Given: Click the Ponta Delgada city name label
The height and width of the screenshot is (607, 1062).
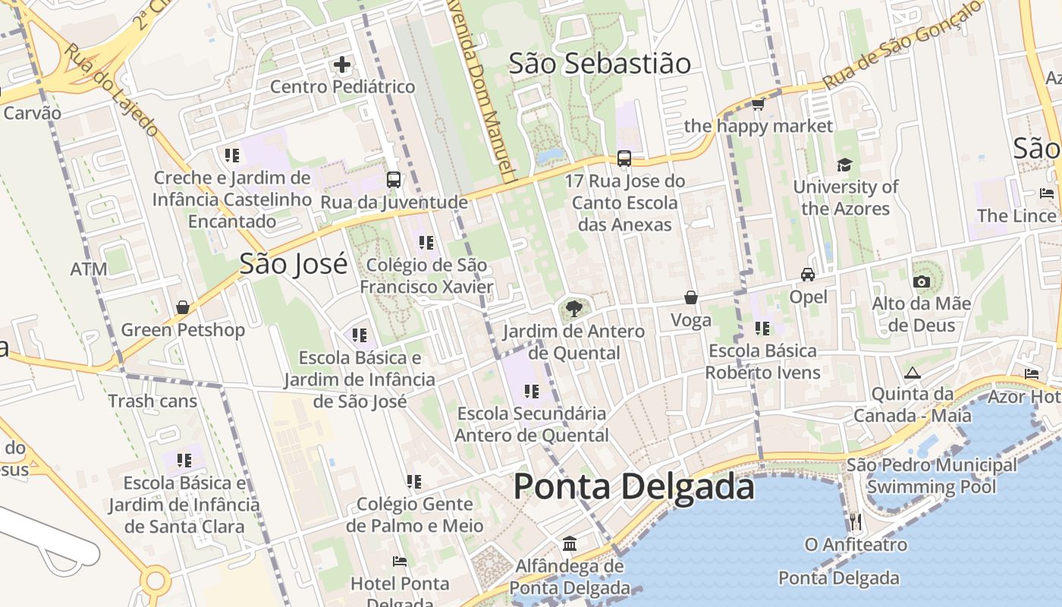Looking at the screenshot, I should tap(634, 486).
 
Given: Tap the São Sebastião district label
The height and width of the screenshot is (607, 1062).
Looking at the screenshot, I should tap(599, 64).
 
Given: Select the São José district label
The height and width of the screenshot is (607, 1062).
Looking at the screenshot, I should tap(294, 263).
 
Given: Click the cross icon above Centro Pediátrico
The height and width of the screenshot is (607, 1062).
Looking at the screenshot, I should tap(342, 64).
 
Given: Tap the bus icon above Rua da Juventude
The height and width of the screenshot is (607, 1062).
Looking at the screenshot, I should tap(393, 180).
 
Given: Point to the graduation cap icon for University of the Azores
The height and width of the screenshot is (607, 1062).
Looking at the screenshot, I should tap(844, 165).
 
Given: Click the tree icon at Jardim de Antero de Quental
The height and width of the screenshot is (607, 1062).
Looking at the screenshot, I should tap(574, 308).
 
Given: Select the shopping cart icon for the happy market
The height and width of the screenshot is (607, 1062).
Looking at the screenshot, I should tap(757, 104).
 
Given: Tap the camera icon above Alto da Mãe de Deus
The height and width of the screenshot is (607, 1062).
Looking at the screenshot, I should tap(922, 282).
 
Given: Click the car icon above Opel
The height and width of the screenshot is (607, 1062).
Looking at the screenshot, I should tap(808, 275).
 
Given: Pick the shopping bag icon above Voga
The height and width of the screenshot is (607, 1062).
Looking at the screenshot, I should tap(691, 297).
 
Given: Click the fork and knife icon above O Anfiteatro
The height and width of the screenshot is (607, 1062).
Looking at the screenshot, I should tap(856, 522).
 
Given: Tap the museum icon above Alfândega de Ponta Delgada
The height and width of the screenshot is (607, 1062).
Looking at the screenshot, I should tap(570, 544).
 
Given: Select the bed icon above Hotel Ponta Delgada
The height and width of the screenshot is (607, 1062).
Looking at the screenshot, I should tap(400, 561).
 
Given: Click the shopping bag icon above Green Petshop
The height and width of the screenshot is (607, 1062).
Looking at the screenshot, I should tap(183, 307).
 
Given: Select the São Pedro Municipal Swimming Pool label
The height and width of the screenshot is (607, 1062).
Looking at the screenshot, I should tap(932, 476).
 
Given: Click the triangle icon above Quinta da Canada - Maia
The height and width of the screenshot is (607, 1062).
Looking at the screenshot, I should tap(912, 373).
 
